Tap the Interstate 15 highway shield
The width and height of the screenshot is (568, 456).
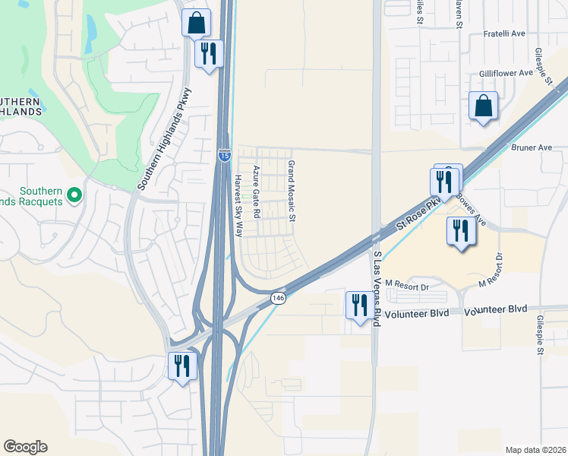point(225,155)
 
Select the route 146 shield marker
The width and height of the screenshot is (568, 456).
point(279,298)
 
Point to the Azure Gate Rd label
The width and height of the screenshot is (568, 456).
point(257,192)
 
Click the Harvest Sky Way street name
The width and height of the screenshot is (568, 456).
point(238,206)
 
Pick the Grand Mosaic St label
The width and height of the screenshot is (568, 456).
point(290,191)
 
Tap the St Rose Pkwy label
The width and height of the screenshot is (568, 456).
point(418,216)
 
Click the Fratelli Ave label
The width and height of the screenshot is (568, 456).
point(505,33)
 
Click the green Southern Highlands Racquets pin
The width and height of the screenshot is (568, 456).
point(74,195)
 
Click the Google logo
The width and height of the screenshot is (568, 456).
point(25,447)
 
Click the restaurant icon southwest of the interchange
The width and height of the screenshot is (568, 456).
point(181,366)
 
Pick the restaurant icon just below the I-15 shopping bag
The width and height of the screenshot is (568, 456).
point(208,52)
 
